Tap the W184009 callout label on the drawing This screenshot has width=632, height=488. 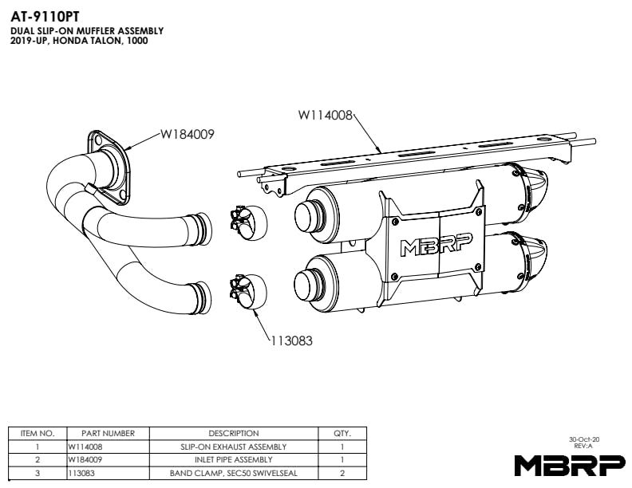tap(188, 134)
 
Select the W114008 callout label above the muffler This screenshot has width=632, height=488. tap(326, 116)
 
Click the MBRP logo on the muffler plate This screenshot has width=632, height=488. tap(437, 244)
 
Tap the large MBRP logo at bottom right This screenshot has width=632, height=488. tap(570, 465)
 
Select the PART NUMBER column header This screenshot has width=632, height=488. tap(108, 433)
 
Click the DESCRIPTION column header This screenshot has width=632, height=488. tap(234, 433)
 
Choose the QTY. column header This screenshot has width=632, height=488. tap(342, 433)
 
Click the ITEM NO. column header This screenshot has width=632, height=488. tap(38, 433)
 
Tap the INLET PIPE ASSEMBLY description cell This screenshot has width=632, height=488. tap(234, 459)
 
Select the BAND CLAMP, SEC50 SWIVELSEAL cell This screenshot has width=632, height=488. tap(234, 473)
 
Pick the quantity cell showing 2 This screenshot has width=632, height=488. tap(342, 473)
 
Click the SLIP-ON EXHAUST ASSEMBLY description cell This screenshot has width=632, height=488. tap(234, 447)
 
